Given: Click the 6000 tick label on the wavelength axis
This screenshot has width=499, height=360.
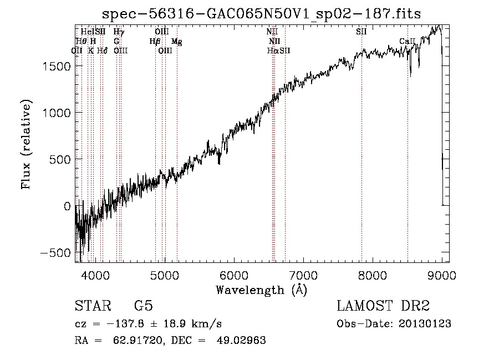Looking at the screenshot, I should (x=233, y=275).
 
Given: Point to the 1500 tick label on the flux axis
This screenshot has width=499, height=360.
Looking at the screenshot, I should (x=55, y=67).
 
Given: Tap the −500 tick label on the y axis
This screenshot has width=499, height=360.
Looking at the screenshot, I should (x=54, y=253).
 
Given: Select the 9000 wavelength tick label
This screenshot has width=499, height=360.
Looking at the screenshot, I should (x=441, y=275).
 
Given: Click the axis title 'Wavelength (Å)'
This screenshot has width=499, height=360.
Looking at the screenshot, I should (x=261, y=290).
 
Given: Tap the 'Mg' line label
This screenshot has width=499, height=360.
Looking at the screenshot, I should (x=177, y=41).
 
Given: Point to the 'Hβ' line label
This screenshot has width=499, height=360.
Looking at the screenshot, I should (x=155, y=41).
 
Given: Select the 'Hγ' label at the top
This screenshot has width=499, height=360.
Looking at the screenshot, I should (x=118, y=32).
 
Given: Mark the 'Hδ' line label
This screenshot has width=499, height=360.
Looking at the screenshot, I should (x=102, y=50).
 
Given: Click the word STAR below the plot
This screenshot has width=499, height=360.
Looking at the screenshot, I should (x=91, y=307).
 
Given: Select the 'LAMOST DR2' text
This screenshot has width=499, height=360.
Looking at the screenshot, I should (x=383, y=307).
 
